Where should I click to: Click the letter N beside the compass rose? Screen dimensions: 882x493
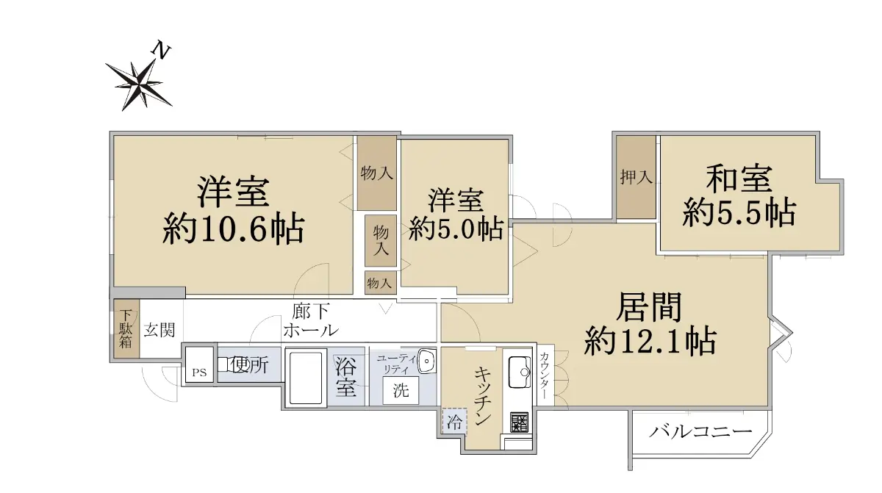[x=162, y=50]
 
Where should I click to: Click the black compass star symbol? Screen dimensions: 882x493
[x=139, y=84]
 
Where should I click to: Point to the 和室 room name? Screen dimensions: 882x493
[x=739, y=179]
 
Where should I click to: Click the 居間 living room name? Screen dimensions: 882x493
[x=648, y=307]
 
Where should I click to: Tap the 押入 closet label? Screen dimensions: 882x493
[x=636, y=177]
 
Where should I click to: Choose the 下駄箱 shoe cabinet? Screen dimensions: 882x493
[x=126, y=329]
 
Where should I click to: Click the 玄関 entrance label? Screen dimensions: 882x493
[x=159, y=331]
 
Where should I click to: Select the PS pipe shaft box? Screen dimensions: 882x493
[x=200, y=364]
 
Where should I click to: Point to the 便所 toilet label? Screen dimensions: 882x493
[x=250, y=364]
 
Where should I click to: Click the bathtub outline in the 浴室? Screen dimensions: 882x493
[x=306, y=378]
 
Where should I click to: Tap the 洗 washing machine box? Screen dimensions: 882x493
[x=401, y=390]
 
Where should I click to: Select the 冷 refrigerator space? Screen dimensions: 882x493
[x=454, y=422]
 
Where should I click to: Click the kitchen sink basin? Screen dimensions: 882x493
[x=520, y=373]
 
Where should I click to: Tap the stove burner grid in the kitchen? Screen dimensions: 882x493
[x=520, y=422]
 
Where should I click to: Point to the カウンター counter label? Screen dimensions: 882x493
[x=545, y=375]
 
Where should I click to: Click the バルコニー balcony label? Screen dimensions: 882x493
[x=700, y=432]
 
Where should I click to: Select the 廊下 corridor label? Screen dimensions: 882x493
[x=311, y=312]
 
